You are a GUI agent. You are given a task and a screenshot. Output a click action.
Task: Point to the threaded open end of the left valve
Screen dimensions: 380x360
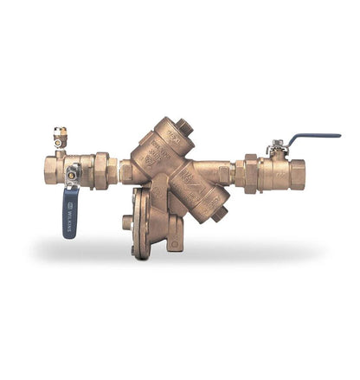pyautogui.click(x=44, y=170)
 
